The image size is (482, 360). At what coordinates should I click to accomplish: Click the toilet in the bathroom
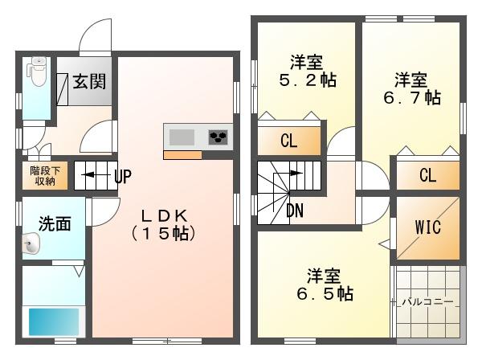point(37,72)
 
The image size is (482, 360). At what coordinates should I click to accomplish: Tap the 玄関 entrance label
point(89,81)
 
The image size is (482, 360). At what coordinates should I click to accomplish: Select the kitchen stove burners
point(219,137)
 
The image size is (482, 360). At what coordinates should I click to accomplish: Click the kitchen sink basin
point(182,137)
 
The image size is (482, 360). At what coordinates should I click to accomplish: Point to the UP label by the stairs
point(123,176)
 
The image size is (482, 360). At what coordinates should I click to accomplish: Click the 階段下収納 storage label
point(45,176)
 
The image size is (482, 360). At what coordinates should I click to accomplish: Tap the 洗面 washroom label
point(55,224)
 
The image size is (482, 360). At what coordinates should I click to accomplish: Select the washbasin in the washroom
point(31,243)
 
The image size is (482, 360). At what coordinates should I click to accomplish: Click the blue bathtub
point(54,321)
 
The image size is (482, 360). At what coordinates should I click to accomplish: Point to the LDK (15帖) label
point(164,225)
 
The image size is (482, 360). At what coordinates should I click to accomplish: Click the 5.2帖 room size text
point(308,80)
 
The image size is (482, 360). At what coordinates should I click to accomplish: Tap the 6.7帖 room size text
point(412,98)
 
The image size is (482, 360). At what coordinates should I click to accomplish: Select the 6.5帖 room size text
point(325,293)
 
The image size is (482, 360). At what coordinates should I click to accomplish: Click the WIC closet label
point(428,227)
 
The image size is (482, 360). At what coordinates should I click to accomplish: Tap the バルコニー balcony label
point(428,301)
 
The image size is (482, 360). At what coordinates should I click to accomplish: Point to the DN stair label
point(295,211)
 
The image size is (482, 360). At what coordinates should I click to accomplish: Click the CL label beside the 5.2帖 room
point(289,141)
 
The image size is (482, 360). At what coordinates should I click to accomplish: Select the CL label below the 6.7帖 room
point(428,175)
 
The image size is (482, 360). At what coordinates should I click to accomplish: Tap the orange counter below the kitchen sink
point(182,155)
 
